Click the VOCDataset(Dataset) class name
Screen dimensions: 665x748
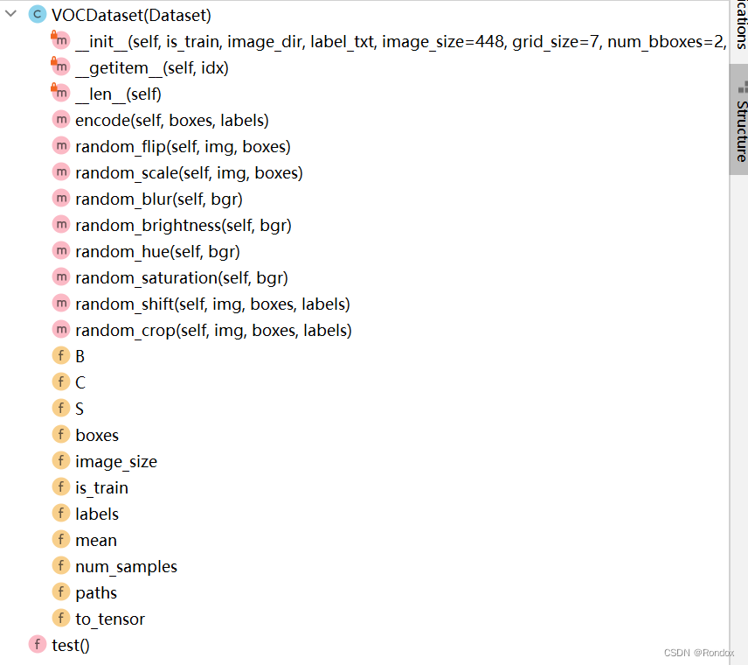click(x=131, y=15)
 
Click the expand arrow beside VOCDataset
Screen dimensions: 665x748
click(x=10, y=15)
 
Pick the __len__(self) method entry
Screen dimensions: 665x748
click(x=118, y=94)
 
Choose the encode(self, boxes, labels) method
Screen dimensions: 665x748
click(x=171, y=120)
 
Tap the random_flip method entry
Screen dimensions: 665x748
click(x=183, y=146)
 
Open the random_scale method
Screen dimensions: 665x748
click(x=189, y=172)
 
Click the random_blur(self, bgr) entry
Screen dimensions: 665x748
click(x=158, y=199)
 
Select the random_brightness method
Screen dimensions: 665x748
click(x=183, y=225)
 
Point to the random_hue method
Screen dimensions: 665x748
click(x=157, y=251)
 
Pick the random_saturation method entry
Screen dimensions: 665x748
click(x=181, y=277)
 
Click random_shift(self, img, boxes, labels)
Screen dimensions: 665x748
click(x=212, y=304)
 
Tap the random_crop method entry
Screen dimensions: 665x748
click(x=213, y=330)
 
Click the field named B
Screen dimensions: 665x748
click(x=80, y=356)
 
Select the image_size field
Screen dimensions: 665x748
click(x=116, y=461)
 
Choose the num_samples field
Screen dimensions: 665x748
click(x=126, y=566)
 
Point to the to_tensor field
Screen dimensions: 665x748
click(x=110, y=619)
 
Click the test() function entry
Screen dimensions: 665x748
click(x=71, y=645)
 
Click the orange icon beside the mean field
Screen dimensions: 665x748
click(x=60, y=540)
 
